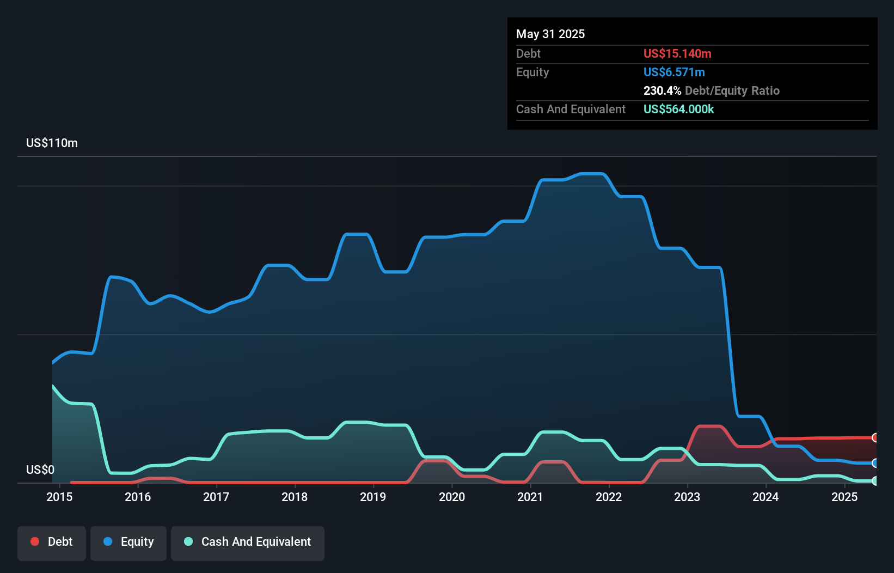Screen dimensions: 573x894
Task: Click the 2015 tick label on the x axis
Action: coord(59,497)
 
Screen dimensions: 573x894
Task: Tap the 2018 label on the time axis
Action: coord(295,497)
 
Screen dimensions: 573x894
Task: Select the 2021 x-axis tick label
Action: coord(530,497)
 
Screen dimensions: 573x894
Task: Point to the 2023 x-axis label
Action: coord(687,497)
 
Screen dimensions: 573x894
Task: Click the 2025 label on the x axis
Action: coord(844,497)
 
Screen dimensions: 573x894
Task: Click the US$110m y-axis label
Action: coord(52,143)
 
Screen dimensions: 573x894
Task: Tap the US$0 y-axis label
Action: coord(40,470)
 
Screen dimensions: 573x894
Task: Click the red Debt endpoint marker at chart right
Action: coord(875,437)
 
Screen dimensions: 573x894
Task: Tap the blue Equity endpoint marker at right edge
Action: coord(875,463)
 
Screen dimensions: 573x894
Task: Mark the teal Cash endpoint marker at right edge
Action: coord(875,481)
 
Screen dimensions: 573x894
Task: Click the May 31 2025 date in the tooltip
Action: coord(550,34)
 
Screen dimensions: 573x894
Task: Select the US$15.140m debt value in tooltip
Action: coord(677,53)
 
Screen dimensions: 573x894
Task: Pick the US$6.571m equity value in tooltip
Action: coord(674,72)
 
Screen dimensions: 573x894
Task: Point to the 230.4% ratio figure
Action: coord(662,90)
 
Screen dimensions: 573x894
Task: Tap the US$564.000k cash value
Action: coord(678,109)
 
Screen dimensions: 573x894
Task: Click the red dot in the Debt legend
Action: coord(35,541)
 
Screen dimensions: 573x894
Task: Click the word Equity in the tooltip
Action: coord(532,72)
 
